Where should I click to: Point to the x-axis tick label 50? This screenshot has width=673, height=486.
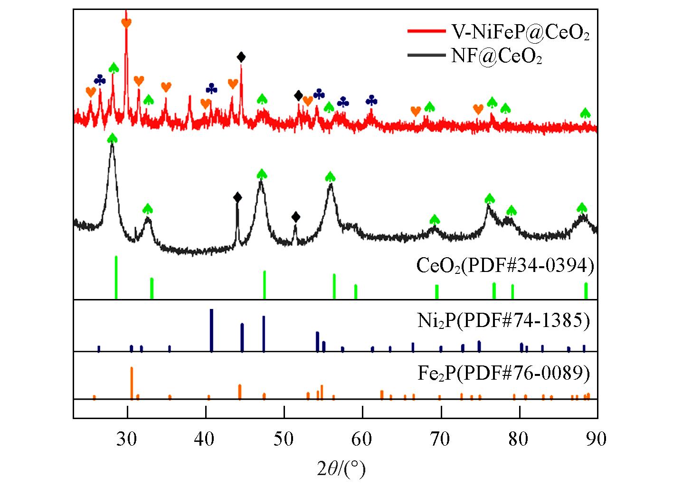point(284,439)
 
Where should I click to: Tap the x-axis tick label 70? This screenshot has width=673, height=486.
point(441,439)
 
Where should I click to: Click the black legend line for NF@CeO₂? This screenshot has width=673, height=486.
point(425,56)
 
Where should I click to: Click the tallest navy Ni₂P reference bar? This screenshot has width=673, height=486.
point(211,330)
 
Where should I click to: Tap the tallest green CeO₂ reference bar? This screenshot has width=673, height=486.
point(116,277)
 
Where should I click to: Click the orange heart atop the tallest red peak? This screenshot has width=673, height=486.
point(126,22)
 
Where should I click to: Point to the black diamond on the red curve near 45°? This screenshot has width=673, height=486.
point(241,57)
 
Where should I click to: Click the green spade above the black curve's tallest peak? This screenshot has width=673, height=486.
point(112,138)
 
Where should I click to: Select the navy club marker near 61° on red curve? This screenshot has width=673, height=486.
point(371,101)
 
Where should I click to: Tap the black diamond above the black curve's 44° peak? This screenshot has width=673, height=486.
point(237,197)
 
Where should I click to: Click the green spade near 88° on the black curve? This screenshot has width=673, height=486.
point(582,207)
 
